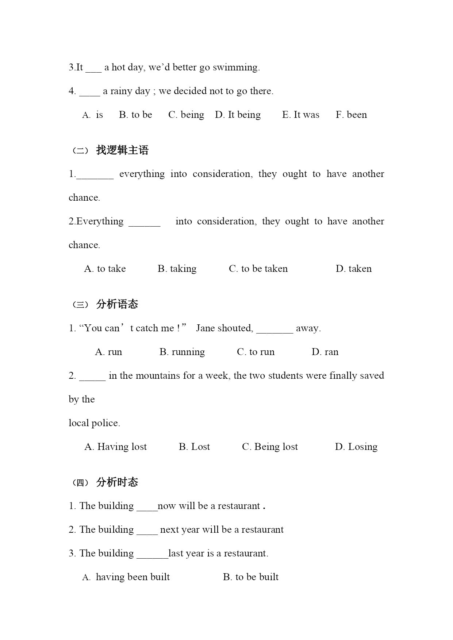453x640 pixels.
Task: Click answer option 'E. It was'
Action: pos(300,115)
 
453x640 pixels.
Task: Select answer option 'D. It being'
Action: pos(238,115)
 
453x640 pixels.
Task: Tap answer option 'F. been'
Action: pos(351,115)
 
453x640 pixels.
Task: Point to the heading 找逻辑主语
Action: pos(122,150)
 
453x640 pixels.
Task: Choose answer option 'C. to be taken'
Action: pos(258,269)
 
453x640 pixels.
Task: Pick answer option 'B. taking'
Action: pos(177,269)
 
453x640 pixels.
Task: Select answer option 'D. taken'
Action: pos(353,269)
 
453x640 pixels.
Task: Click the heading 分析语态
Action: pos(117,304)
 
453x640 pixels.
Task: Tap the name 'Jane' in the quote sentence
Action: pos(205,328)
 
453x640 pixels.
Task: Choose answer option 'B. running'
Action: pos(182,352)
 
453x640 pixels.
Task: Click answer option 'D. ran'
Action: pos(325,352)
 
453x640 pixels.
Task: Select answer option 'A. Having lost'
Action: pos(115,447)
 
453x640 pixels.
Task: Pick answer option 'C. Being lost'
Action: pos(270,447)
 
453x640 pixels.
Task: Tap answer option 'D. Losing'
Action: pos(356,447)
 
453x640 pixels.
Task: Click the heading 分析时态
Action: pos(117,482)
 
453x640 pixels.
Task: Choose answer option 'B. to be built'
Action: pos(250,577)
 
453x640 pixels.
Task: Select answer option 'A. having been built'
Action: pos(126,577)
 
